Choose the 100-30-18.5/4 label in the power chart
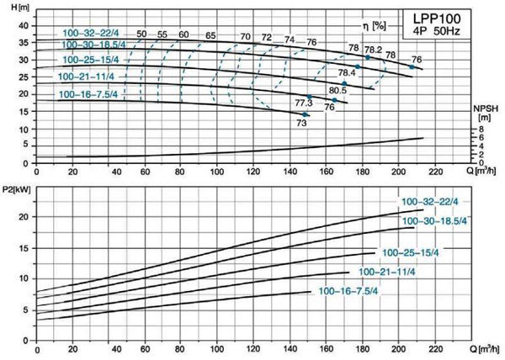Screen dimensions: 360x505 click(432, 220)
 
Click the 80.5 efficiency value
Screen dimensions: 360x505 click(338, 90)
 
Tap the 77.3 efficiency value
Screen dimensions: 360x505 click(305, 103)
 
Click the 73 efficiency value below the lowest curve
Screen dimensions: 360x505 click(300, 123)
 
